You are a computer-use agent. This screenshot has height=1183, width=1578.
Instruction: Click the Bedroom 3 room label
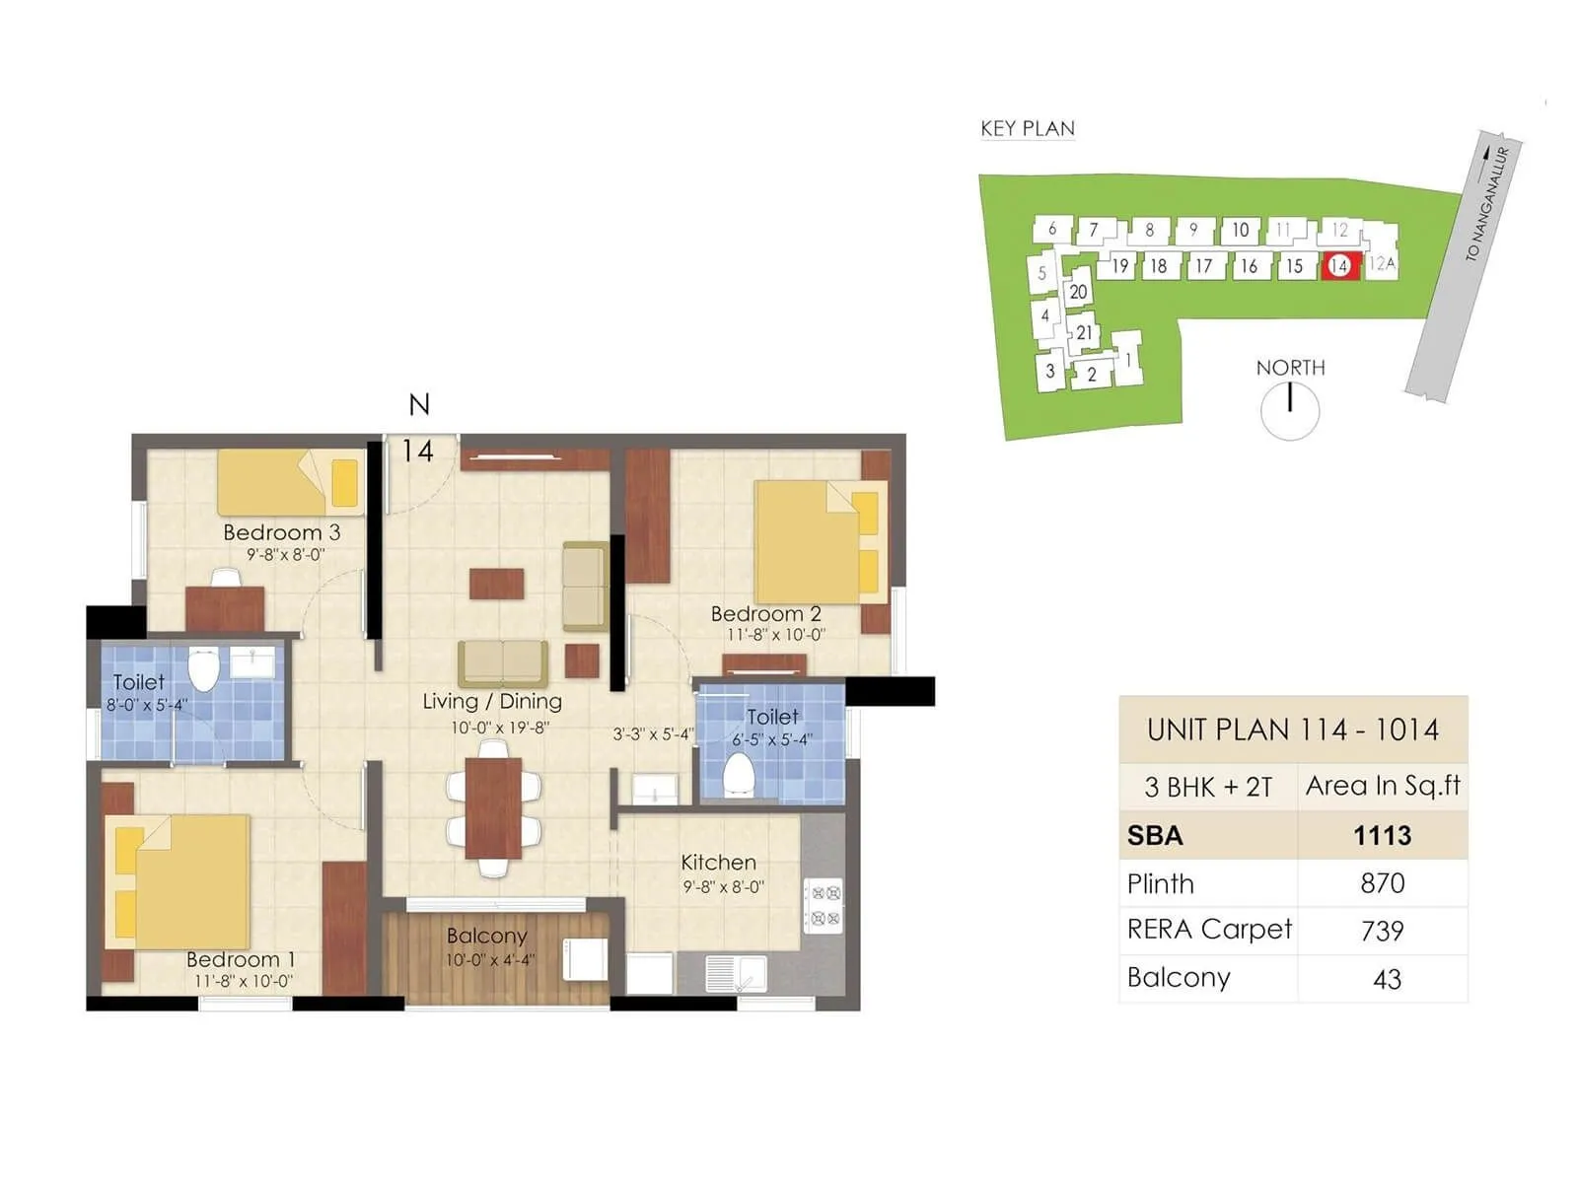(281, 532)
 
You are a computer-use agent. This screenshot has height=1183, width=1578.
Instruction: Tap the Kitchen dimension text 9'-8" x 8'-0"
(723, 887)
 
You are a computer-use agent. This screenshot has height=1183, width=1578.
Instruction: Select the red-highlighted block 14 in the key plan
(1339, 266)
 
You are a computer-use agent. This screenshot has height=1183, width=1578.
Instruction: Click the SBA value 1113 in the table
(1382, 836)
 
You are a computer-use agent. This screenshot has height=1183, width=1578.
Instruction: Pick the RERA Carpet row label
(1209, 930)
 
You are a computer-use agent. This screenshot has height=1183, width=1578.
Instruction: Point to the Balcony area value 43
(1386, 979)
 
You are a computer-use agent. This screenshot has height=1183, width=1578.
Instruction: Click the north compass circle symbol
(1290, 410)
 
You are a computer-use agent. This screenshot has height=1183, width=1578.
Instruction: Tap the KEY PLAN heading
(1027, 129)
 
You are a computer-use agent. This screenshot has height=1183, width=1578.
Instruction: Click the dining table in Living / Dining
(493, 808)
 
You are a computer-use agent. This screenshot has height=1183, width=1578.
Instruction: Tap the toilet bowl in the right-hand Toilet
(739, 775)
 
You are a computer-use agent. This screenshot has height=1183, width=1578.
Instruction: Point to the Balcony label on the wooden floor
(486, 936)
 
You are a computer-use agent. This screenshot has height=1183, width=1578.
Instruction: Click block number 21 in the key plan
(1084, 333)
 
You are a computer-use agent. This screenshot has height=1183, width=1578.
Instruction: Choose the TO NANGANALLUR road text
(1487, 204)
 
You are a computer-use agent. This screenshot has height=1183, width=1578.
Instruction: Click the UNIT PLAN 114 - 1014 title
(1292, 731)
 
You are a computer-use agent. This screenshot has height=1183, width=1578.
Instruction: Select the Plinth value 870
(1382, 883)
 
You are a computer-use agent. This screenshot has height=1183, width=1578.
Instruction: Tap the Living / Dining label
(492, 702)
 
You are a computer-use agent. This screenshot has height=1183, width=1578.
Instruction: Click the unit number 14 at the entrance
(417, 452)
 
